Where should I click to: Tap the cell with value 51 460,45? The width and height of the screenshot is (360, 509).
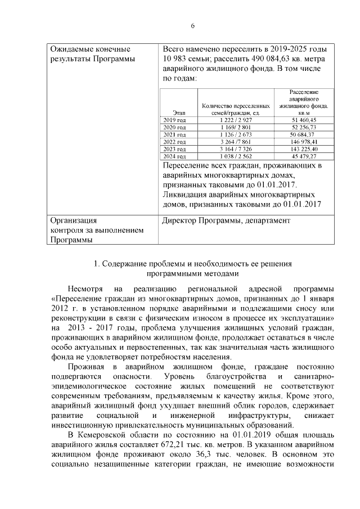(305, 120)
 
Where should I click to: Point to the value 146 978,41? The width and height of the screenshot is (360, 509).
(304, 142)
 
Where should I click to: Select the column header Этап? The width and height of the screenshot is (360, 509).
(179, 113)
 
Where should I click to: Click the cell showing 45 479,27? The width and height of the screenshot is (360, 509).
(305, 156)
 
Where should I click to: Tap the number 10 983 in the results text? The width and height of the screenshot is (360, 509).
(178, 59)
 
